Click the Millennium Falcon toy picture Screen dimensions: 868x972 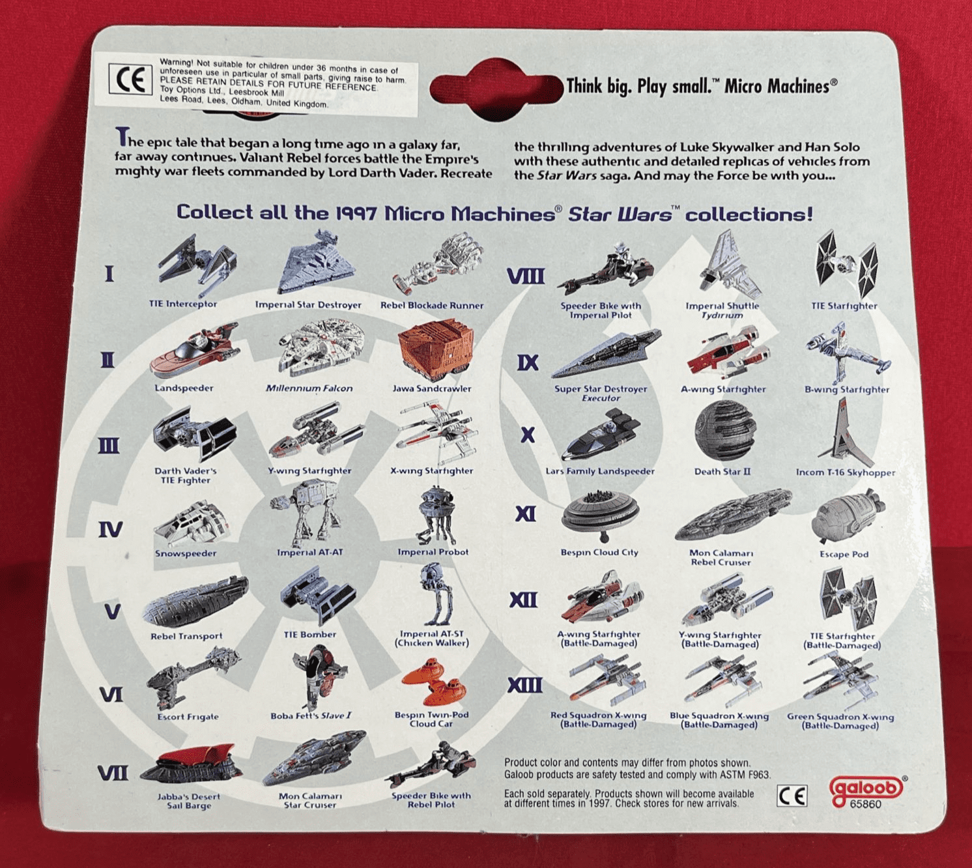pyautogui.click(x=321, y=347)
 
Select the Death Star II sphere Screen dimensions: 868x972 pyautogui.click(x=724, y=431)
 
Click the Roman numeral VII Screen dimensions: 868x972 pyautogui.click(x=113, y=773)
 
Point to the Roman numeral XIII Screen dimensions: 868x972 pyautogui.click(x=524, y=685)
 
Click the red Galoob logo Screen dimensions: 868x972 pyautogui.click(x=866, y=788)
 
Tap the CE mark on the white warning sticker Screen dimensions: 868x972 pyautogui.click(x=130, y=80)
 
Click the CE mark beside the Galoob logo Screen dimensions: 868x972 pyautogui.click(x=792, y=796)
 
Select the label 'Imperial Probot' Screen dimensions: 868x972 pyautogui.click(x=433, y=552)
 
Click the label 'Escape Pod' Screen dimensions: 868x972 pyautogui.click(x=844, y=555)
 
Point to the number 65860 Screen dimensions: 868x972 pyautogui.click(x=865, y=804)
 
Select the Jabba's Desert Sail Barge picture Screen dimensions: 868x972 pyautogui.click(x=190, y=765)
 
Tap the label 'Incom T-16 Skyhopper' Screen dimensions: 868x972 pyautogui.click(x=845, y=472)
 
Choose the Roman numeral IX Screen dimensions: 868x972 pyautogui.click(x=527, y=362)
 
